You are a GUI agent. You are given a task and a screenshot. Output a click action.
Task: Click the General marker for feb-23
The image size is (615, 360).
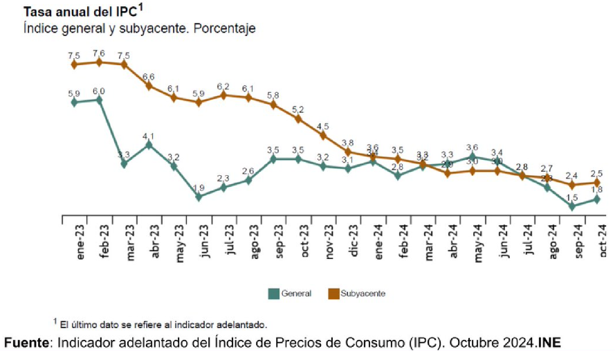99,100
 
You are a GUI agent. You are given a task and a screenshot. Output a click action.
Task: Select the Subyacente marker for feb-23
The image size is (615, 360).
99,62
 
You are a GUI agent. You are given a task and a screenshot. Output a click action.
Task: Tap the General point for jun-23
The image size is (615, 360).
199,197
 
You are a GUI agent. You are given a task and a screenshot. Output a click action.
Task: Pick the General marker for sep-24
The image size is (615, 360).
572,206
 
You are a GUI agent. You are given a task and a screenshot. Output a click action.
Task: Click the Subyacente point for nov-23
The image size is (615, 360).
323,135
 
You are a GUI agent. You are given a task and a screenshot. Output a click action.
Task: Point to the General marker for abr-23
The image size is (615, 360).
149,145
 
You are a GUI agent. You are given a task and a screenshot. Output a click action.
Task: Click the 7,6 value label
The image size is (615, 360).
99,53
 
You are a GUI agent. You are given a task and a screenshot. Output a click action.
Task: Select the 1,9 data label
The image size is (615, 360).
199,188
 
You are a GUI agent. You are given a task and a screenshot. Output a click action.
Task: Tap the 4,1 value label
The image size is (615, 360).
149,136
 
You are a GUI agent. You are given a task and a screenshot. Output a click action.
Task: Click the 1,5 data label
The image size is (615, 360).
572,197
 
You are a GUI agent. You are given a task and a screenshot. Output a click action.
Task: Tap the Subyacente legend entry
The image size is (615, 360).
357,294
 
